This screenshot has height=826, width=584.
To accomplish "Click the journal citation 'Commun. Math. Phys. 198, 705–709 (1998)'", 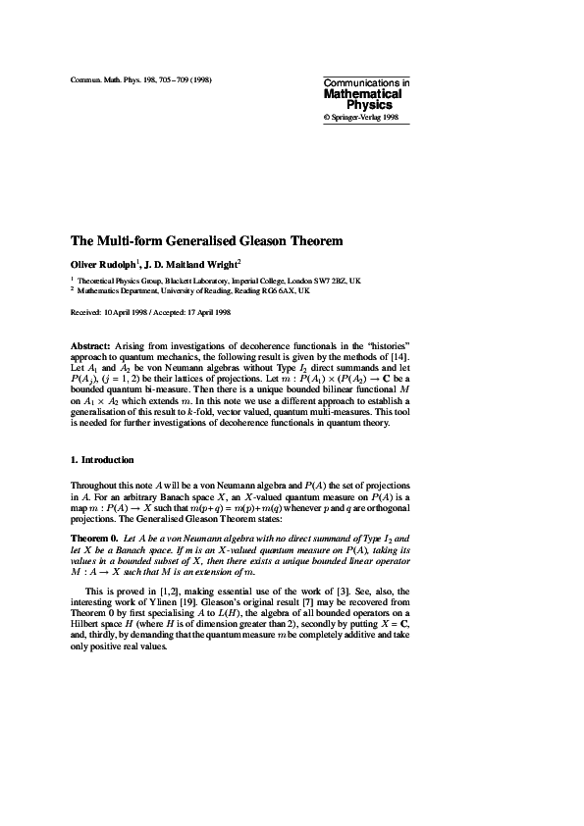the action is point(141,77).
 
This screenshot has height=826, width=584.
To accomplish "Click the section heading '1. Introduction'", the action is point(102,459).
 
